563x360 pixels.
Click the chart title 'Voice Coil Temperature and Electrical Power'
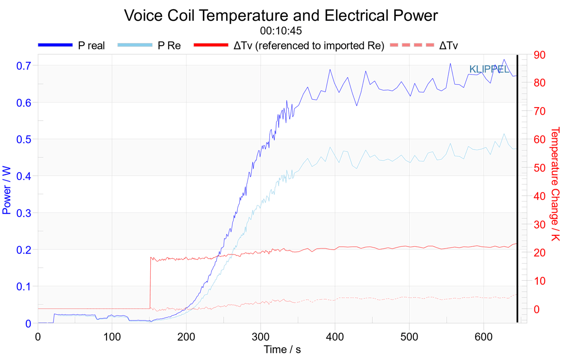281,16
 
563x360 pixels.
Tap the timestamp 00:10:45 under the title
281,31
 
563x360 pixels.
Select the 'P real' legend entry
71,46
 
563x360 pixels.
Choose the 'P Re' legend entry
149,46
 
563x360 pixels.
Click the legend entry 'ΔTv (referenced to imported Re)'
289,46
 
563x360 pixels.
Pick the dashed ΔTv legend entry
423,46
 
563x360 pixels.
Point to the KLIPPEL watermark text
489,69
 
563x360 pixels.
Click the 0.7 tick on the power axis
24,66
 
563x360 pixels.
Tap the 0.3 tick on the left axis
24,213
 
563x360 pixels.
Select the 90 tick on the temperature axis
539,55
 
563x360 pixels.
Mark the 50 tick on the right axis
539,168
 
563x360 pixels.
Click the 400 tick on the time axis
335,337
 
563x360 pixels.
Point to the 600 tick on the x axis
484,337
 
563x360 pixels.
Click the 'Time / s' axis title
282,350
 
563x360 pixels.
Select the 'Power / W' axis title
6,190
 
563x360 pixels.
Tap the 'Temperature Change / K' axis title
555,184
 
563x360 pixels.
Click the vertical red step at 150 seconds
150,283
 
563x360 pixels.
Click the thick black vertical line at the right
517,189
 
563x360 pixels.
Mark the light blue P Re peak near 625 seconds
504,134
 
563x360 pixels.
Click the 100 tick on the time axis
112,337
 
